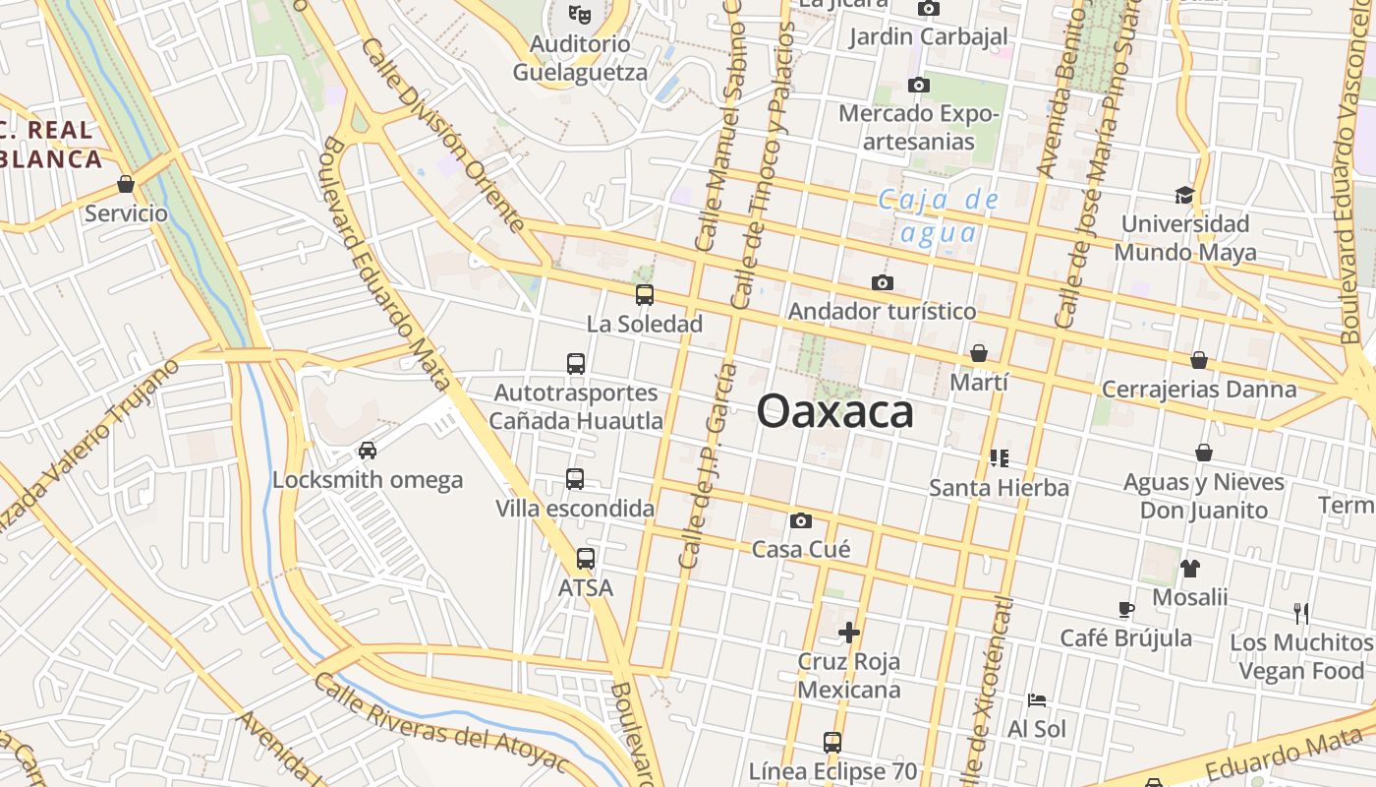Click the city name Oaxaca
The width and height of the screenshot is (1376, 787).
pos(835,411)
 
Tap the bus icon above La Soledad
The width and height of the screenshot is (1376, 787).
pos(645,294)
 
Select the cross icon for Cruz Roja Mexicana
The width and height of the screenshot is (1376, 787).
pos(849,632)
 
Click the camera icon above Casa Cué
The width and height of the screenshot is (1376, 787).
pos(801,520)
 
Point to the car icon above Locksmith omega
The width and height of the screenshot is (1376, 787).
pos(368,451)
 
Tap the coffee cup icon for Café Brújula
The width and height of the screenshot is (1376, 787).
pos(1126,609)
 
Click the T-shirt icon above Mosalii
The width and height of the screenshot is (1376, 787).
pos(1190,568)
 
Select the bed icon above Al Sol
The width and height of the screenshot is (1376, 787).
pos(1037,700)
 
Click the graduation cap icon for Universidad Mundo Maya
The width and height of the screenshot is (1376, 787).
pos(1184,195)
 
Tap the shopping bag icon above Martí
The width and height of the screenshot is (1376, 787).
pos(979,353)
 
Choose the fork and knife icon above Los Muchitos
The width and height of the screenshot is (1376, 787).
pos(1301,614)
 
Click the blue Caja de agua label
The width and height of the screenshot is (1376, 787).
pos(939,216)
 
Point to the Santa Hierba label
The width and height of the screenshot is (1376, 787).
pos(999,487)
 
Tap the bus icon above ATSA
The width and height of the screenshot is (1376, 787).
pos(586,559)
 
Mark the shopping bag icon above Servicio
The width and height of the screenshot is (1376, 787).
pos(126,184)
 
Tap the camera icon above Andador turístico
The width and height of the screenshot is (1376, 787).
pos(883,283)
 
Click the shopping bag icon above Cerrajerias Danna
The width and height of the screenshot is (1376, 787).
pos(1199,360)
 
